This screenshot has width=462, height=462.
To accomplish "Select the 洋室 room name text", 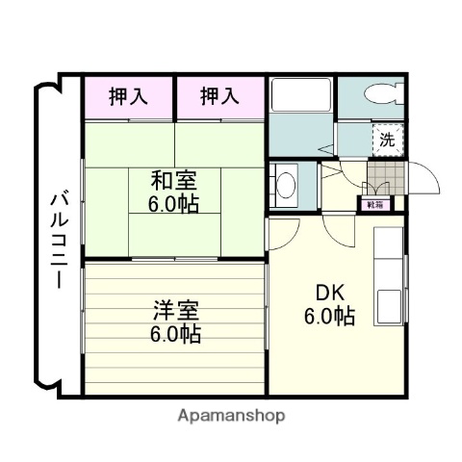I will coord(174,311).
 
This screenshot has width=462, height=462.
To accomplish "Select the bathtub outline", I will coord(302,96).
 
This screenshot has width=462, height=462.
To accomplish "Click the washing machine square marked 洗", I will coord(386,139).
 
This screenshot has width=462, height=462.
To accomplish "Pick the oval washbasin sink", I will coord(286,183).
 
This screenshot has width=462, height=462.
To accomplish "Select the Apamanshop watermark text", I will coord(232,416).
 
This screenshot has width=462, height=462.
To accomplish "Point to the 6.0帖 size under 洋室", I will coord(174,334).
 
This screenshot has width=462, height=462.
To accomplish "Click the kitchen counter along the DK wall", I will coord(391,279).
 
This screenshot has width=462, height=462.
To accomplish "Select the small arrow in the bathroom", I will coord(327,149).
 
